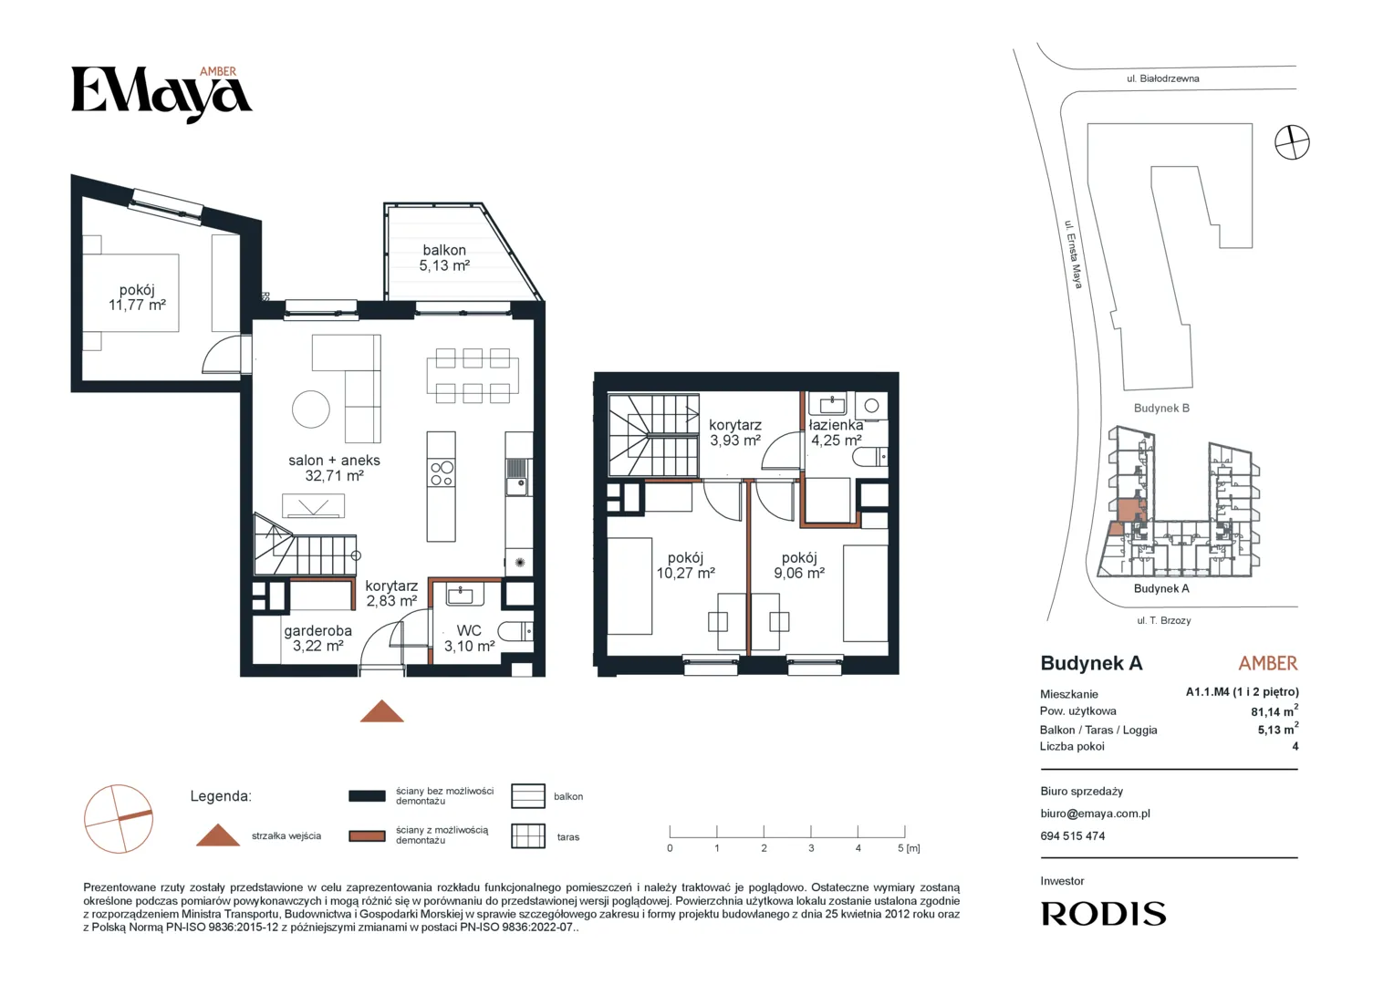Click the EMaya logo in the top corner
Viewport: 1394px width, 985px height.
(161, 94)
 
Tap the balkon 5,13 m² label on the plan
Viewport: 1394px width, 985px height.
(444, 257)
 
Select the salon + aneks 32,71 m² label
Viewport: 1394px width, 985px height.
(334, 468)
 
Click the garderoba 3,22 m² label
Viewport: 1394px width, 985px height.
(318, 638)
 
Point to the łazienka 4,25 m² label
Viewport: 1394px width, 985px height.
(836, 432)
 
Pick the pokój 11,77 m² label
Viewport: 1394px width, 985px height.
(137, 297)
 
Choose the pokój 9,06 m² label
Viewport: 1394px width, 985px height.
(799, 565)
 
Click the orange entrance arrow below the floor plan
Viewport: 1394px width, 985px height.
(382, 711)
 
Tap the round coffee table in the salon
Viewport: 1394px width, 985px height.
(310, 409)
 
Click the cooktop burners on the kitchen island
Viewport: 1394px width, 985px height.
(442, 473)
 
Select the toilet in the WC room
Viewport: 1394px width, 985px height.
(515, 632)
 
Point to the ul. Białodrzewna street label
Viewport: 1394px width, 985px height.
(1162, 78)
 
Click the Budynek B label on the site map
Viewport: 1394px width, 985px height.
(1161, 409)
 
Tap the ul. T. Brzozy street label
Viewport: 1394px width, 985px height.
(1164, 620)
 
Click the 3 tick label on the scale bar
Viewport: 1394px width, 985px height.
(811, 848)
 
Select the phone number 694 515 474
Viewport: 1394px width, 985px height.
(1072, 836)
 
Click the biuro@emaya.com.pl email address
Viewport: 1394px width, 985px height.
(1096, 814)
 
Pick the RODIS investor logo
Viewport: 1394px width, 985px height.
(1103, 914)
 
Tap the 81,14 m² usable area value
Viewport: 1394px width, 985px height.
(1274, 710)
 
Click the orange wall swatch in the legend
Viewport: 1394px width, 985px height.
(367, 835)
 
